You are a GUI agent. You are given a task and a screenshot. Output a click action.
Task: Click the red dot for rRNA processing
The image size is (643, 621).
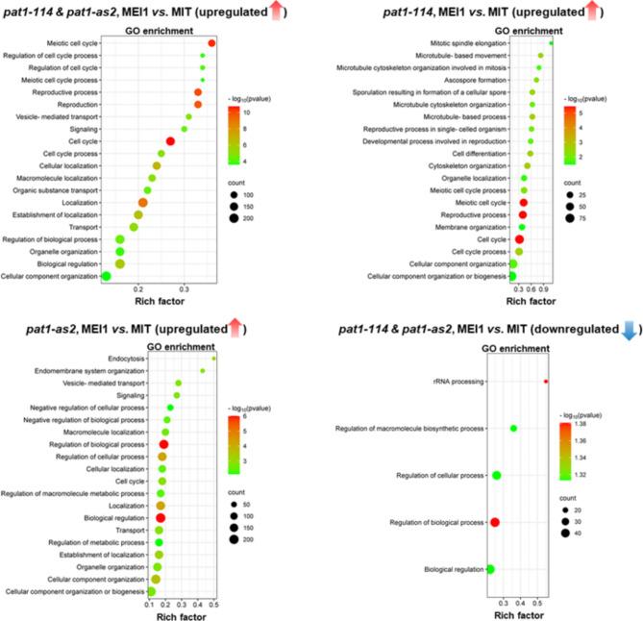click(546, 382)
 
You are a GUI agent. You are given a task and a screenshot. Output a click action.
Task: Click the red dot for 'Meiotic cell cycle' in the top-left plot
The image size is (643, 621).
click(211, 43)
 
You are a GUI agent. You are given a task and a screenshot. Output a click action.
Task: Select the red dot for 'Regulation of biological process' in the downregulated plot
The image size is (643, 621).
click(495, 522)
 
